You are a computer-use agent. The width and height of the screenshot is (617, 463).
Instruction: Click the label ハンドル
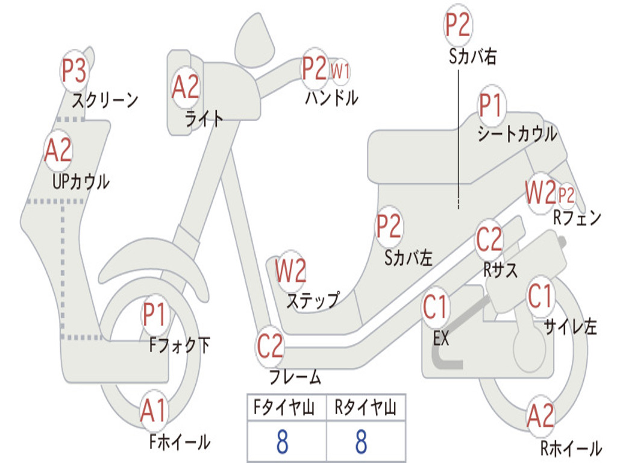click(331, 97)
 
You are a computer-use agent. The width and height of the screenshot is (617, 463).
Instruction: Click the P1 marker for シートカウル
click(490, 107)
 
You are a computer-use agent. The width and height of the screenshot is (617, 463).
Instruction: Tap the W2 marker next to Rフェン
click(539, 194)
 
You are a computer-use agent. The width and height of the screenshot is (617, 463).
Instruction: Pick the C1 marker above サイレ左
click(540, 295)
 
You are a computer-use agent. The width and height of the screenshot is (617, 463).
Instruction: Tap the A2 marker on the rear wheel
click(540, 416)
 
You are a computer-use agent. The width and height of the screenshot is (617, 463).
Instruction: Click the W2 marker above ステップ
click(290, 271)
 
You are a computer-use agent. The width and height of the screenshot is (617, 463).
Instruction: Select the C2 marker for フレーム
click(269, 346)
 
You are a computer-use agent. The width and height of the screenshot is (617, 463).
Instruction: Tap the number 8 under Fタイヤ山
click(282, 442)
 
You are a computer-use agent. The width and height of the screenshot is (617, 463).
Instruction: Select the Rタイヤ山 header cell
click(366, 409)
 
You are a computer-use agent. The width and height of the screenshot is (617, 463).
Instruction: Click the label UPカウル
click(81, 181)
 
